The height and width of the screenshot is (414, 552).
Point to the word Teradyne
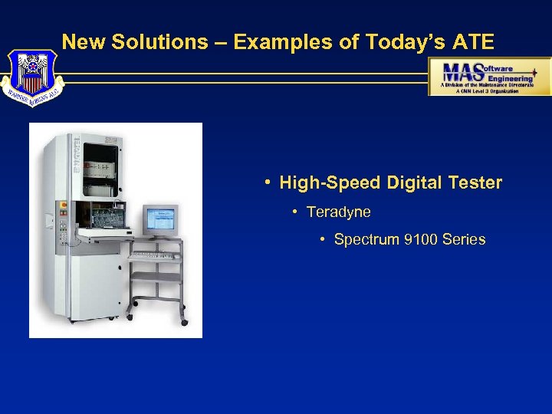pyautogui.click(x=338, y=212)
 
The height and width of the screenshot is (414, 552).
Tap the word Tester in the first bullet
pyautogui.click(x=475, y=183)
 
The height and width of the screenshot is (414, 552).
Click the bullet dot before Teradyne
pyautogui.click(x=295, y=212)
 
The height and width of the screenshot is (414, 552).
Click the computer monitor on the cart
pyautogui.click(x=160, y=219)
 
